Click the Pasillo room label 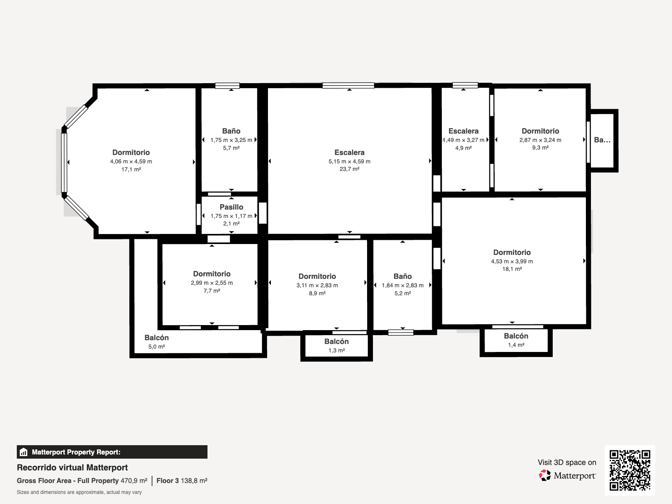coord(231,207)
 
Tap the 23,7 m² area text coord(349,169)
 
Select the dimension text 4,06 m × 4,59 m coord(131,162)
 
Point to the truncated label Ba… coord(602,140)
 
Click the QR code coord(630,470)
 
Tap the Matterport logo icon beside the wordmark coord(545,475)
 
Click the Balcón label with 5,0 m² coord(156,338)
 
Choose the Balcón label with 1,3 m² coord(336,341)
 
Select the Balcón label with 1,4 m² coord(516,336)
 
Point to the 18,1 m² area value coord(512,269)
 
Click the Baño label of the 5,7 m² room coord(231,131)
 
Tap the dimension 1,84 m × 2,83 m coord(403,286)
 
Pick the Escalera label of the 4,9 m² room coord(463,131)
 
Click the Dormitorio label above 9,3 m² coord(541,131)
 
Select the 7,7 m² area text coord(212,291)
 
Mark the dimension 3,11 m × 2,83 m coord(317,286)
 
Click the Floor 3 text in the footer coord(168,480)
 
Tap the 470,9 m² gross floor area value coord(134,480)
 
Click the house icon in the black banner coord(24,452)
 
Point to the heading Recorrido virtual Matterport coord(72,467)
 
